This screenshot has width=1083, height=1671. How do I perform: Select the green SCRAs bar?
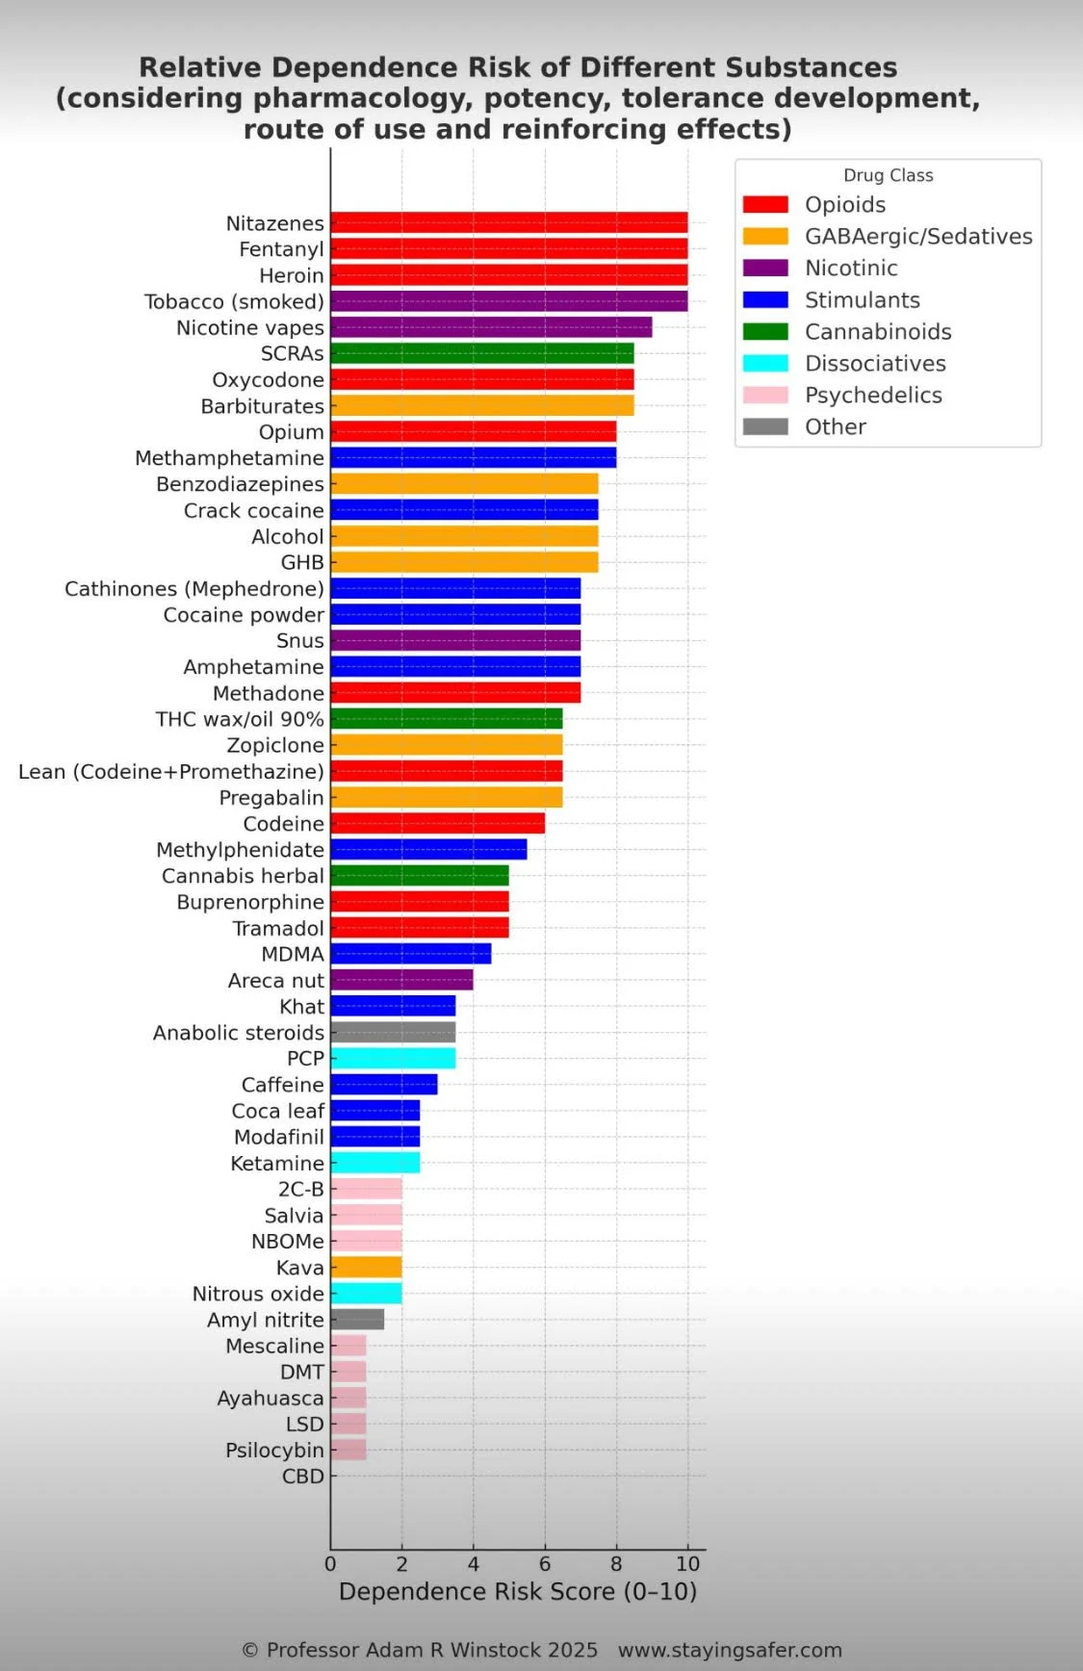click(481, 353)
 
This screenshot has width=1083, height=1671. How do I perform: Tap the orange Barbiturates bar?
click(481, 406)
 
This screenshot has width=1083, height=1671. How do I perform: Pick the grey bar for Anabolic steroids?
click(393, 1033)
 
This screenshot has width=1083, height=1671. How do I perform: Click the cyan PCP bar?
click(393, 1059)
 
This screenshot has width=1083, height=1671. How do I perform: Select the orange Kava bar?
click(366, 1268)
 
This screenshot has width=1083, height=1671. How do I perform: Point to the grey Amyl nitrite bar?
click(357, 1320)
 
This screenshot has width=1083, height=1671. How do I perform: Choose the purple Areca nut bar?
click(401, 981)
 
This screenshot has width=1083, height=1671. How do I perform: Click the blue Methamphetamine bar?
click(473, 458)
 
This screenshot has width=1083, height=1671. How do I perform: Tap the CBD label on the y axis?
click(302, 1477)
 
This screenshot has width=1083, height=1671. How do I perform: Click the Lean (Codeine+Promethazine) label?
click(171, 772)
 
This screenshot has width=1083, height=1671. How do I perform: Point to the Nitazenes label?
click(274, 223)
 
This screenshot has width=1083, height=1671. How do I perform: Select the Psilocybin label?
click(274, 1451)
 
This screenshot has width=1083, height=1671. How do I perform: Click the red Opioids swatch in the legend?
click(765, 204)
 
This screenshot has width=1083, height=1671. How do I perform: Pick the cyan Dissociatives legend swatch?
click(765, 363)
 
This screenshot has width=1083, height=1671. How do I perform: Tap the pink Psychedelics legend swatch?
click(765, 395)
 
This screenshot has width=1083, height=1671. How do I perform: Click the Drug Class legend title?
click(888, 175)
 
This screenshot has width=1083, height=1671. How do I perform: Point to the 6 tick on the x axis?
click(545, 1564)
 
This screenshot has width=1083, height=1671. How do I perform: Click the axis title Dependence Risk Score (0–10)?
click(518, 1592)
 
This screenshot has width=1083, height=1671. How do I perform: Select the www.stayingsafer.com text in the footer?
click(730, 1651)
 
